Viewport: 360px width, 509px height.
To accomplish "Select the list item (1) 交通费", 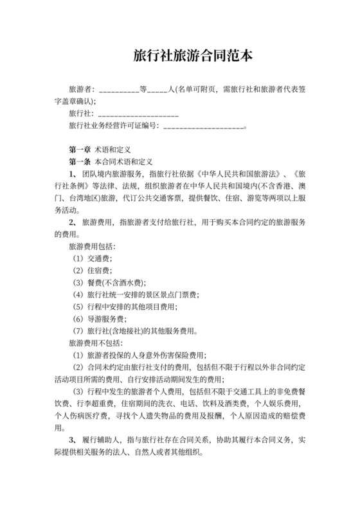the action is click(92, 258).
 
